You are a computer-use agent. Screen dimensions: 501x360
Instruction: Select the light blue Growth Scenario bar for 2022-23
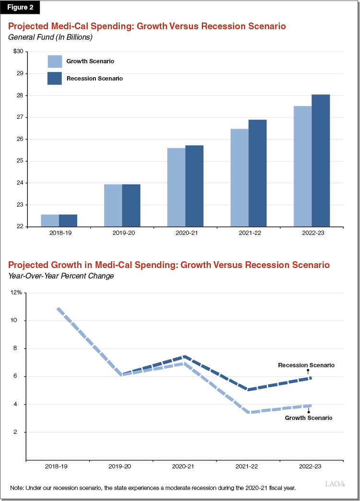point(302,166)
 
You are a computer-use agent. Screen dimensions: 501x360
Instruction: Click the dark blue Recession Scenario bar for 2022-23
point(321,160)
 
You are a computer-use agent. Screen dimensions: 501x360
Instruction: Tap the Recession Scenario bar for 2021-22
point(257,173)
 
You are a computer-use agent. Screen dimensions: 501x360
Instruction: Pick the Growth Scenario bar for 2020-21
point(176,187)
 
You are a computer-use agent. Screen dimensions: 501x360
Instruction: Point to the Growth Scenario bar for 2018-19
point(50,220)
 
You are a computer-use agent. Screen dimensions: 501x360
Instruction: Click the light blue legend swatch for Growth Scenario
point(55,61)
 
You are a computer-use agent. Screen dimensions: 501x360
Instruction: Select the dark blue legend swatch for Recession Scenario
point(55,78)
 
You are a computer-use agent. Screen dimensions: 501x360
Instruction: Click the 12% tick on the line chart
point(16,292)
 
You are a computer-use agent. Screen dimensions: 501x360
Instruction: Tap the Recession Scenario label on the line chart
point(306,365)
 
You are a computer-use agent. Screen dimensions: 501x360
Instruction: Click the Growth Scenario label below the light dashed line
point(309,418)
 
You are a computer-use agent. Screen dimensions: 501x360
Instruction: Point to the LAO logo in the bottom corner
point(335,484)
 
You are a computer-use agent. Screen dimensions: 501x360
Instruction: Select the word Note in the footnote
point(17,488)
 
